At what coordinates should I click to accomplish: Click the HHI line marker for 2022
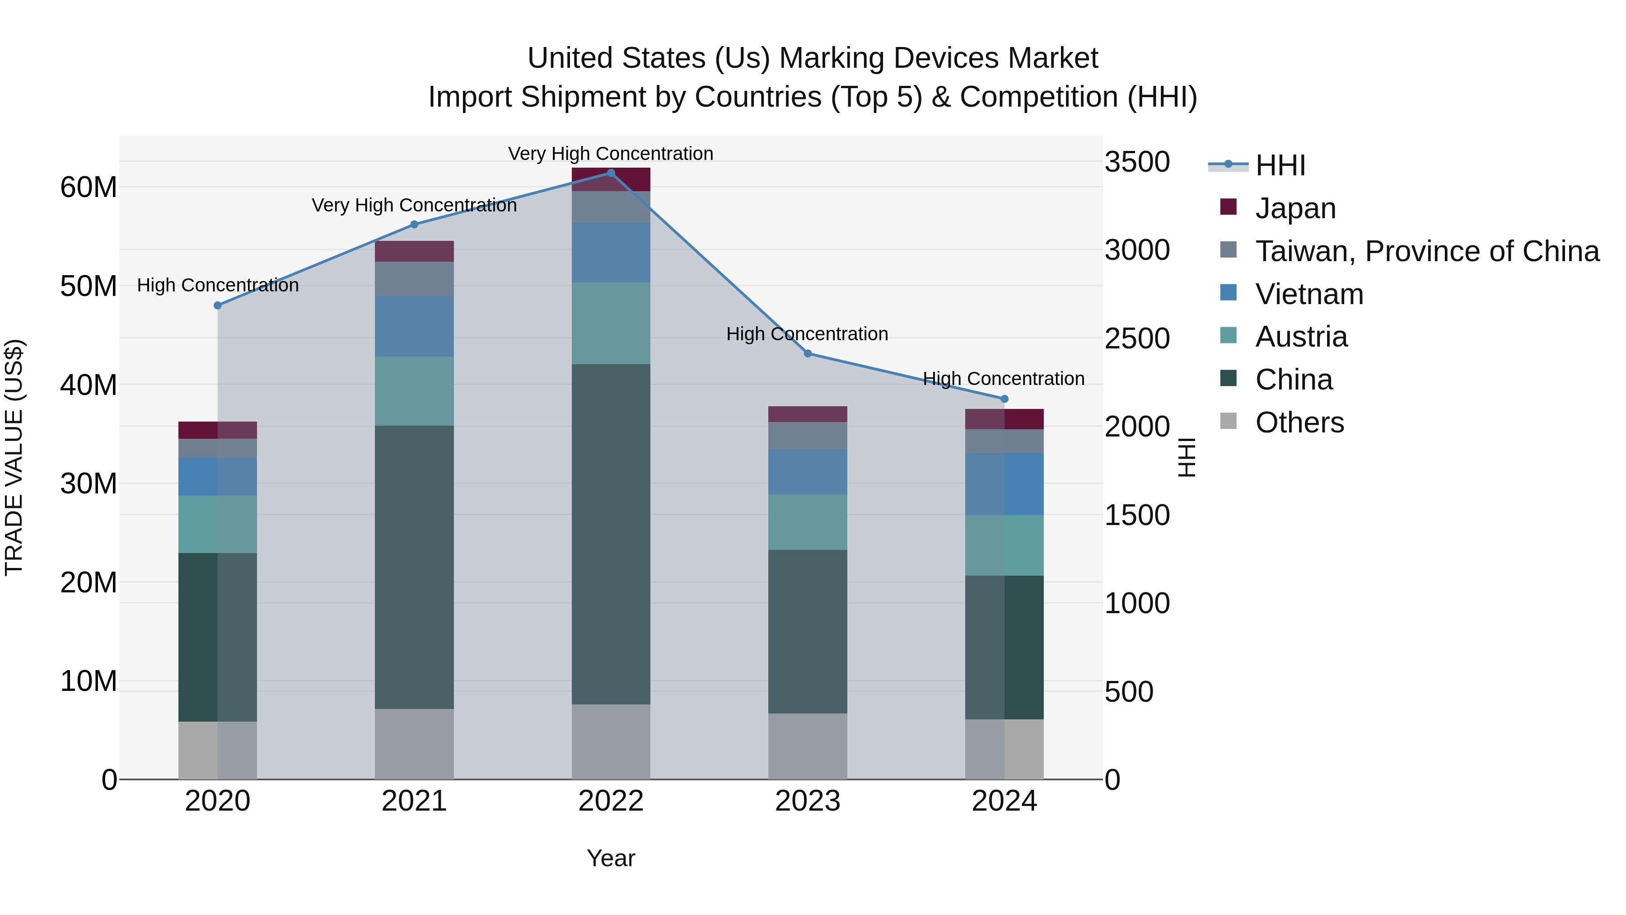(x=610, y=173)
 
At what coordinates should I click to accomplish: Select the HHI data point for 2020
(x=218, y=305)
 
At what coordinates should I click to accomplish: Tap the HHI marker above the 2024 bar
(x=1004, y=399)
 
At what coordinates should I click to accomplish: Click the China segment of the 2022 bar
(x=610, y=534)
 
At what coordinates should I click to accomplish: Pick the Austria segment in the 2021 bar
(x=414, y=391)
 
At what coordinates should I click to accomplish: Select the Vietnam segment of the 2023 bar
(x=807, y=472)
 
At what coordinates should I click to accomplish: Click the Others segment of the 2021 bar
(x=414, y=743)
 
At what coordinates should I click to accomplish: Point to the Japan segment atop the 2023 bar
(x=807, y=414)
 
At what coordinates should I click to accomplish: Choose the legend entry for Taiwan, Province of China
(x=1426, y=251)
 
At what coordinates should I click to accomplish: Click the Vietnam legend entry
(x=1309, y=294)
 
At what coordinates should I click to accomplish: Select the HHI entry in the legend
(x=1280, y=165)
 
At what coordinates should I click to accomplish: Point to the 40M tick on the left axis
(x=89, y=385)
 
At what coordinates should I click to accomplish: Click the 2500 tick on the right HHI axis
(x=1137, y=339)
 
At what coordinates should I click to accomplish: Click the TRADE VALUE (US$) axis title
(x=14, y=457)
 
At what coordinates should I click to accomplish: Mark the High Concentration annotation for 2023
(x=807, y=334)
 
